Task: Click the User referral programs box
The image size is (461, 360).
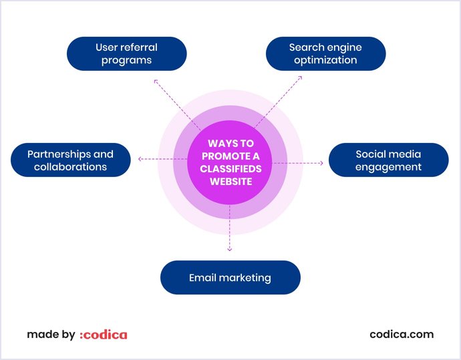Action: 126,53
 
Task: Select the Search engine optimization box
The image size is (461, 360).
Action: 325,53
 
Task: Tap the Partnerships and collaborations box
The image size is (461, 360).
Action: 71,160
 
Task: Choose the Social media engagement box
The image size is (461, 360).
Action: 388,160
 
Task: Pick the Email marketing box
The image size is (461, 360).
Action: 230,277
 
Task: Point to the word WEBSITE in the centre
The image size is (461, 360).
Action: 230,181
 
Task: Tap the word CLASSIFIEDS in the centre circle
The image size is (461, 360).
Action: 230,168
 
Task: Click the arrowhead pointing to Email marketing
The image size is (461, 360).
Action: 230,249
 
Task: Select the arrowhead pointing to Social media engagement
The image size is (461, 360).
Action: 321,163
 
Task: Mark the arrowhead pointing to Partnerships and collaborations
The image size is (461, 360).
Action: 139,159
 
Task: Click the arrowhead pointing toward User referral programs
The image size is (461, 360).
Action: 156,81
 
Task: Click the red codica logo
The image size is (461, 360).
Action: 103,335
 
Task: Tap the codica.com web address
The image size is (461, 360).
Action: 402,335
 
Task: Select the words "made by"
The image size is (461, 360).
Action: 51,335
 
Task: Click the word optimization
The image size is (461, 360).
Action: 325,60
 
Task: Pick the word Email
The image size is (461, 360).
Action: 204,277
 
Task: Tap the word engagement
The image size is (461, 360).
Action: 388,167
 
